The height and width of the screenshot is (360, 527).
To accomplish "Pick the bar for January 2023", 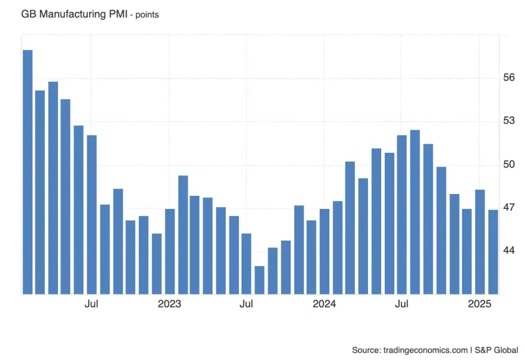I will [170, 251].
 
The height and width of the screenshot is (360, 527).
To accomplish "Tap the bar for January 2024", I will [324, 251].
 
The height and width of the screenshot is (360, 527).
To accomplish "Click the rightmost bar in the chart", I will [493, 251].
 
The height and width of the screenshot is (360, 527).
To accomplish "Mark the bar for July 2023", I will [246, 263].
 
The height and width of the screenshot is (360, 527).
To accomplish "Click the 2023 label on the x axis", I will [169, 304].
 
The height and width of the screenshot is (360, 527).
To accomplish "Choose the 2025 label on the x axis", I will [480, 304].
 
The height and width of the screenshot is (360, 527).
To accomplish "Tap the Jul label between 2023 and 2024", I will [246, 304].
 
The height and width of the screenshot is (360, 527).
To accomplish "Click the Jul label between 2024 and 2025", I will [402, 304].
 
